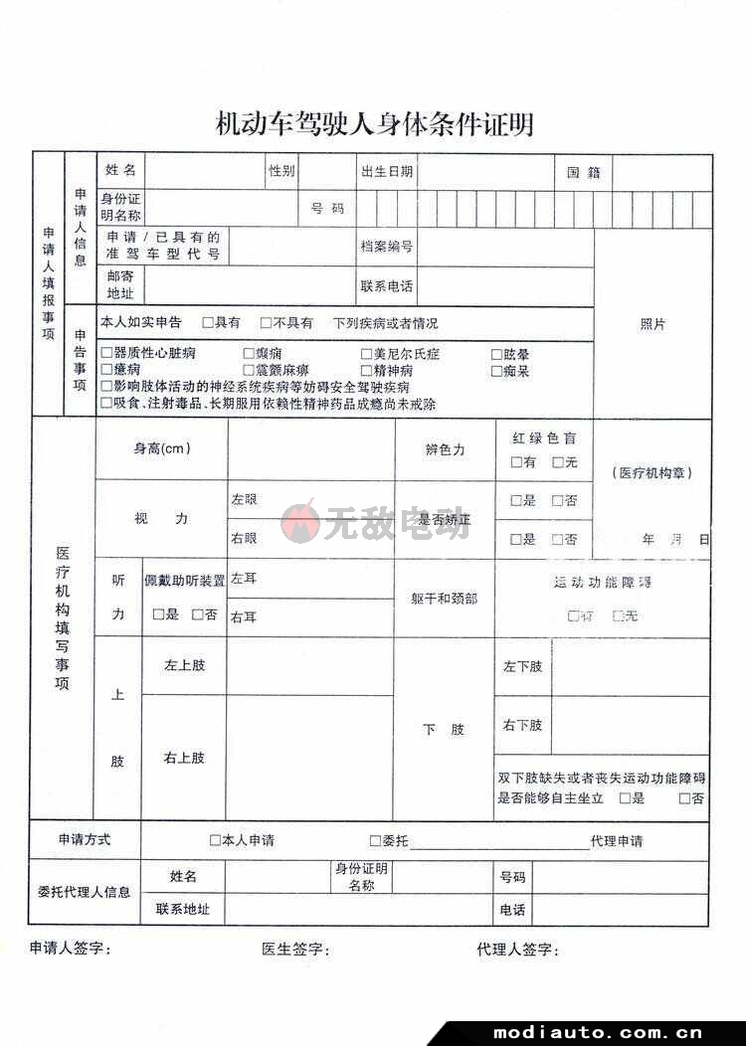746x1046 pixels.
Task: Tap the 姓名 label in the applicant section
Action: tap(120, 171)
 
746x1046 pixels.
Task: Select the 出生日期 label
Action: tap(387, 171)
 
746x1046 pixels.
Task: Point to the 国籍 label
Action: tap(583, 171)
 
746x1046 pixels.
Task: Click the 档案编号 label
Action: tap(387, 247)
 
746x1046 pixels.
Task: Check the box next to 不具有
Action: tap(266, 323)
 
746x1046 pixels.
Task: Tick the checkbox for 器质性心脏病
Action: tap(106, 354)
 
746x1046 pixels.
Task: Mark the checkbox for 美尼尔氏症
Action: tap(366, 354)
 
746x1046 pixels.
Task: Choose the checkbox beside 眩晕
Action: tap(496, 354)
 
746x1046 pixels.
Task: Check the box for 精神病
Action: tap(366, 371)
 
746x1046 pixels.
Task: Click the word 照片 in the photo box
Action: tap(653, 324)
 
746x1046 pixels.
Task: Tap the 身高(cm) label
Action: tap(162, 449)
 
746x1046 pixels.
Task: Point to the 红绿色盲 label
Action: tap(544, 438)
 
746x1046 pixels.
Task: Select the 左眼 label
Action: tap(245, 499)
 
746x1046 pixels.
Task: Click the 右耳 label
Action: tap(244, 617)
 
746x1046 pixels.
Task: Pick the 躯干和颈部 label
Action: tap(444, 599)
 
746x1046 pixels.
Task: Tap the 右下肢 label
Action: tap(522, 726)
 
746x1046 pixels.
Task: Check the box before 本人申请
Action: tap(215, 840)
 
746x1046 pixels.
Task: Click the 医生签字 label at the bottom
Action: tap(295, 950)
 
